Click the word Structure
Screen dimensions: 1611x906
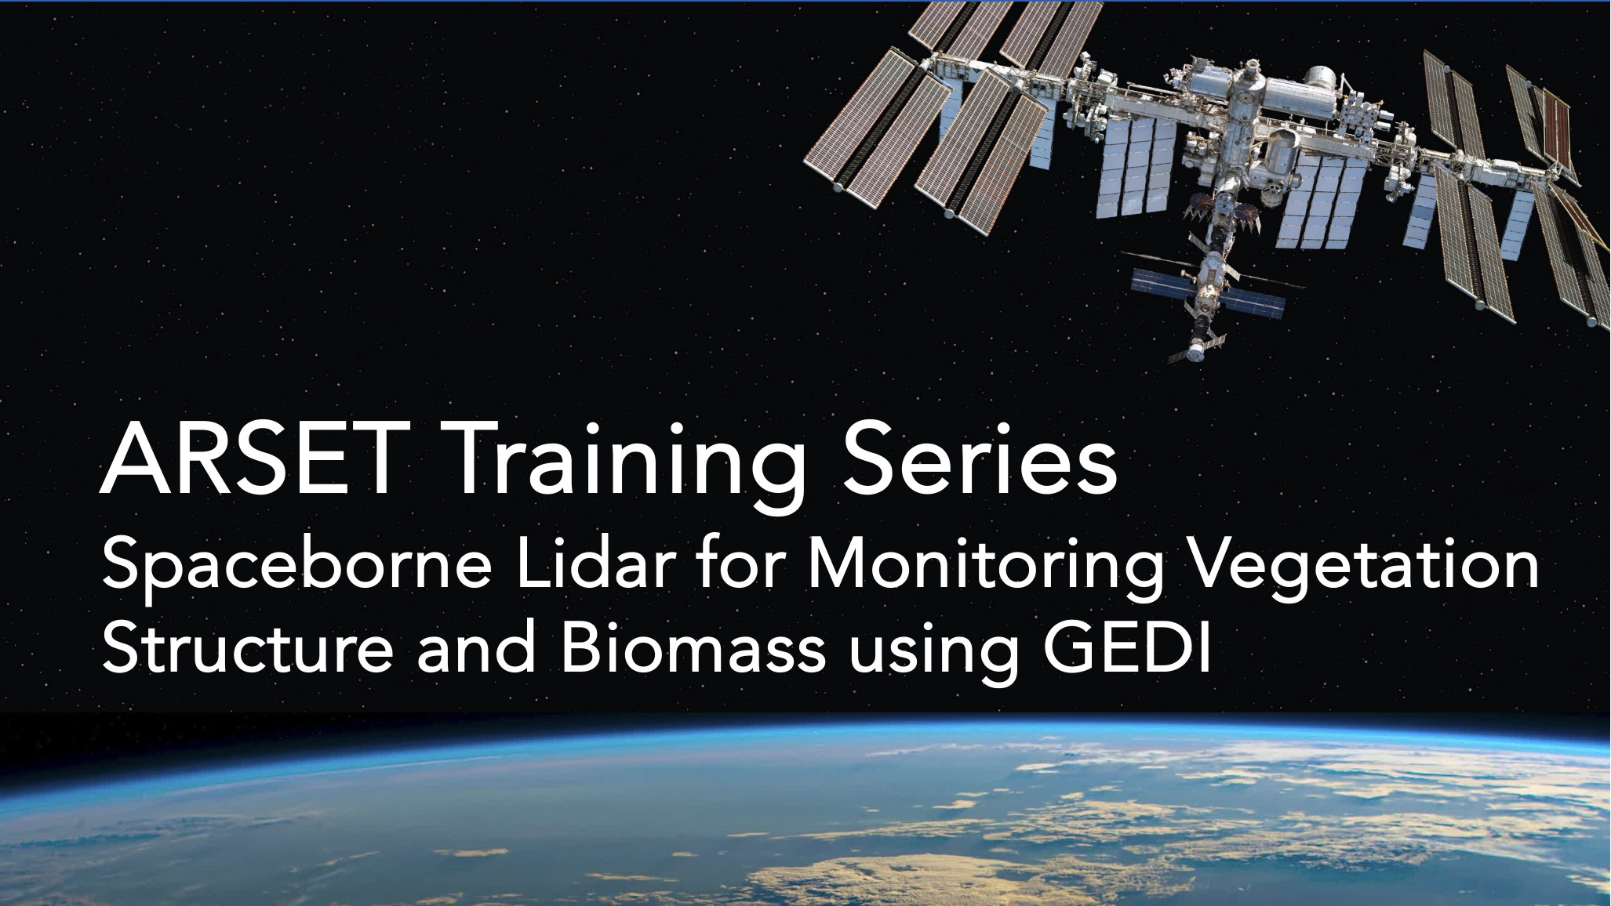pos(248,648)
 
